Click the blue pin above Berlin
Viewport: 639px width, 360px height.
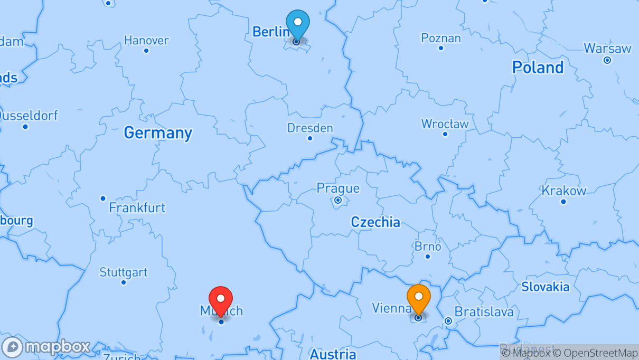click(x=298, y=24)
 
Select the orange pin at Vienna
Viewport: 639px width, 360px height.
click(x=419, y=298)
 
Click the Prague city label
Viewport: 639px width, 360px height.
click(x=338, y=188)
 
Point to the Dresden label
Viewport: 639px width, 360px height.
click(x=310, y=128)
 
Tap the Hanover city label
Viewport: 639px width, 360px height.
click(x=146, y=40)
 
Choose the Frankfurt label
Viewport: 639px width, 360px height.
click(x=137, y=207)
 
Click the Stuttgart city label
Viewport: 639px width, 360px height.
click(x=124, y=272)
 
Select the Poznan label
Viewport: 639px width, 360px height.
click(x=440, y=38)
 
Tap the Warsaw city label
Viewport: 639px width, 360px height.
click(x=607, y=49)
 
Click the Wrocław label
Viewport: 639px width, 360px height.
click(x=445, y=124)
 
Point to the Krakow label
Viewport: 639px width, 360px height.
click(x=563, y=191)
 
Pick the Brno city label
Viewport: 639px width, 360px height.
click(x=428, y=247)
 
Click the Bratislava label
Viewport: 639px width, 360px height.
click(x=484, y=311)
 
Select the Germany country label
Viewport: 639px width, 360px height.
click(x=158, y=132)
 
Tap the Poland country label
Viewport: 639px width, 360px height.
click(x=538, y=67)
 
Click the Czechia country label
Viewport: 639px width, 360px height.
click(x=375, y=222)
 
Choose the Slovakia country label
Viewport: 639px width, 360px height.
click(x=546, y=287)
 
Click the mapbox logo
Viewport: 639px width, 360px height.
click(x=46, y=347)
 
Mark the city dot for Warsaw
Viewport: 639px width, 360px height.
click(x=607, y=60)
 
